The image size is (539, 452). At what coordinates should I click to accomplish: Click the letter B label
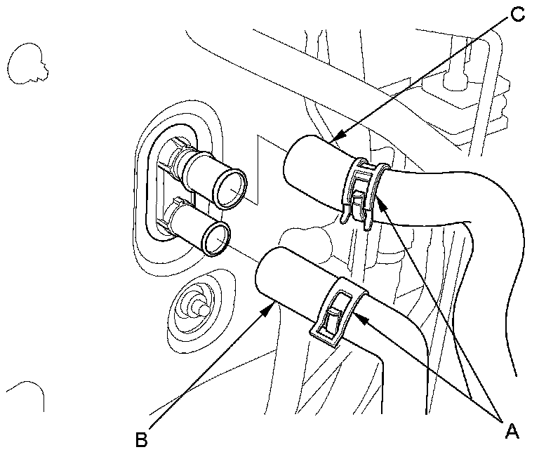point(141,439)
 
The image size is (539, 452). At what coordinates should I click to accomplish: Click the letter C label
point(517,13)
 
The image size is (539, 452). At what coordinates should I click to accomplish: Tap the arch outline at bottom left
point(27,393)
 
